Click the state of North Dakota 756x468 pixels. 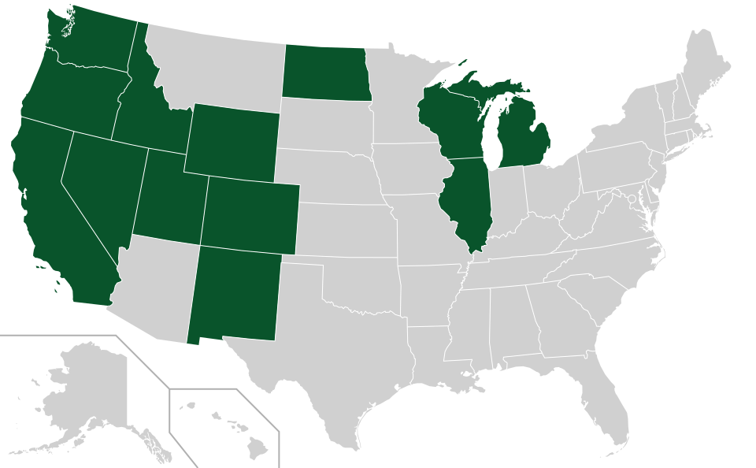325,72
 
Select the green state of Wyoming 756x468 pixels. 232,140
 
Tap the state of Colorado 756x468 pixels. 250,214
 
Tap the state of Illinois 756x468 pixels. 468,201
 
